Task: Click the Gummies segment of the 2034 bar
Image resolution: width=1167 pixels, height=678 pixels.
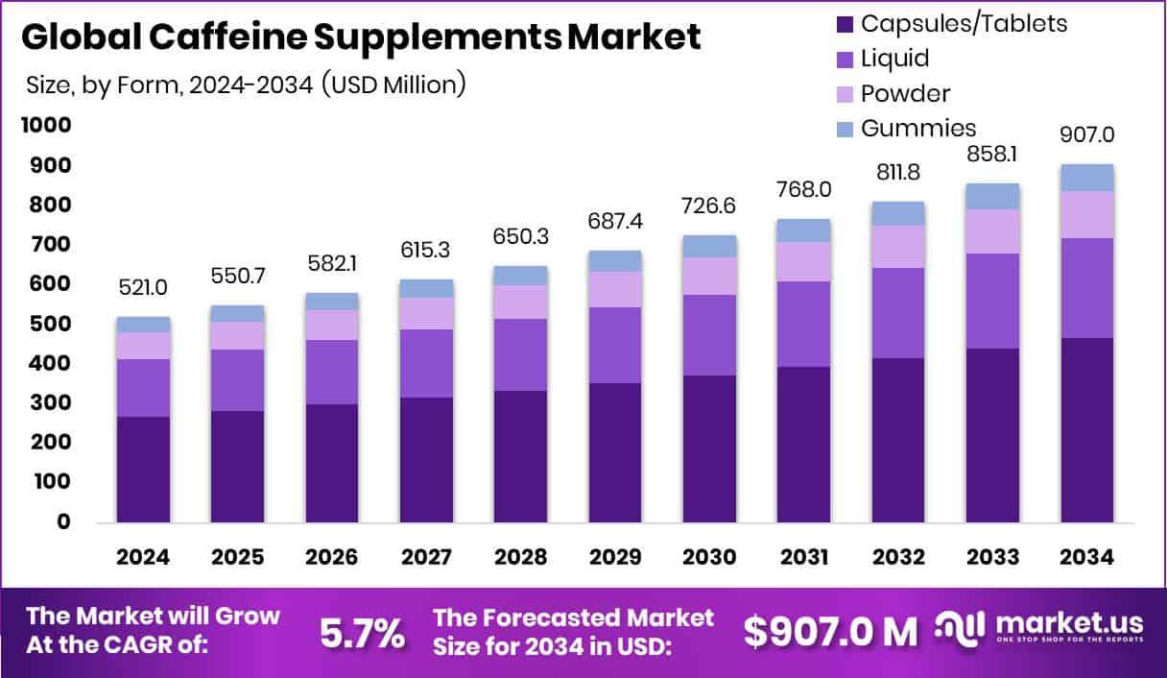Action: tap(1087, 178)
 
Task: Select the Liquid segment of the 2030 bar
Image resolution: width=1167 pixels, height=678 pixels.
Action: tap(709, 335)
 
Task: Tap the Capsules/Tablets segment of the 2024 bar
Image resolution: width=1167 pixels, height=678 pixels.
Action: tap(143, 469)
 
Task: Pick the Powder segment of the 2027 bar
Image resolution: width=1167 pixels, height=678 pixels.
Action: tap(426, 313)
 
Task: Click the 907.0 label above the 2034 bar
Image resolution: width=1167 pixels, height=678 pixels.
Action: tap(1087, 134)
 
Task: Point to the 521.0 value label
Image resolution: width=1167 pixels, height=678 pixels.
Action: tap(143, 287)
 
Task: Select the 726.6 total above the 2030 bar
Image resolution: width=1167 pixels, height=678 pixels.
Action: tap(709, 206)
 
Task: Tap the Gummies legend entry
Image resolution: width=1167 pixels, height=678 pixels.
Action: tap(918, 128)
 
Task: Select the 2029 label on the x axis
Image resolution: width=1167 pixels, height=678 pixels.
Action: tap(615, 558)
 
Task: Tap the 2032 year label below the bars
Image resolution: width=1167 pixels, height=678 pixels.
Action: tap(898, 558)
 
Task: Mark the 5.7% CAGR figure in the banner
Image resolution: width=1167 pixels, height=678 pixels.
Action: tap(361, 634)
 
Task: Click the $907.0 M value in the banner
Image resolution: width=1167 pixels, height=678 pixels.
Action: tap(831, 632)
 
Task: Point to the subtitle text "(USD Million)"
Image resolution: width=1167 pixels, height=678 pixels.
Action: tap(393, 84)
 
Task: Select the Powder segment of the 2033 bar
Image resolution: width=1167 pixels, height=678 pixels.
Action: tap(992, 231)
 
